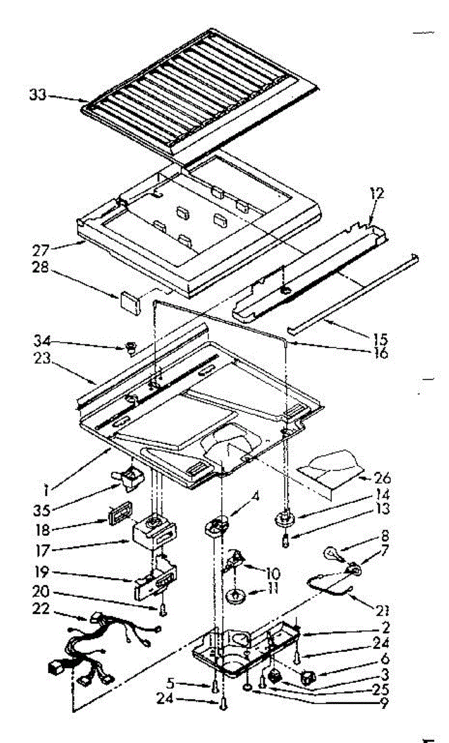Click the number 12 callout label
tap(377, 193)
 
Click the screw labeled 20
tap(163, 610)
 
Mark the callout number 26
tap(382, 478)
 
